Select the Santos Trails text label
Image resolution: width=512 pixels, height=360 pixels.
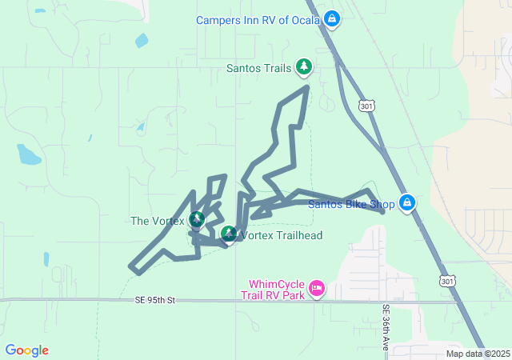[x=259, y=68]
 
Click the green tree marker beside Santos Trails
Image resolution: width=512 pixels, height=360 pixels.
[x=303, y=66]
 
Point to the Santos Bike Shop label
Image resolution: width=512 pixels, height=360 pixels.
[x=352, y=204]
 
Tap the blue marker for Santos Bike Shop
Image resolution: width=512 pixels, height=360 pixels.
[x=407, y=202]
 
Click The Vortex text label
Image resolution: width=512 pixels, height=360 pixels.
[x=157, y=221]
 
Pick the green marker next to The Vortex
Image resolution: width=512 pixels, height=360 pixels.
[x=196, y=219]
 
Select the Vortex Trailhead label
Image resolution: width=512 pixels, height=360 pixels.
[x=281, y=235]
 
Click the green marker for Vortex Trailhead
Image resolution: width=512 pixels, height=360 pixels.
[x=229, y=234]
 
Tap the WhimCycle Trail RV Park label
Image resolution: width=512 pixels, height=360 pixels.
[x=277, y=289]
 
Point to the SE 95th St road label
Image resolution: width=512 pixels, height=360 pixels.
[x=154, y=300]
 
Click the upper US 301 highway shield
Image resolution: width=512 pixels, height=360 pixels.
[x=366, y=106]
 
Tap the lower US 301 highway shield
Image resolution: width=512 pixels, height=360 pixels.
[x=447, y=281]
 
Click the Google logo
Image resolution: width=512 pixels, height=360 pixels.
[x=26, y=350]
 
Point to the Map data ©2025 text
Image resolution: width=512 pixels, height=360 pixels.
[x=478, y=354]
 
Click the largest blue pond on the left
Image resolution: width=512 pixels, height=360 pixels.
[x=29, y=154]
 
